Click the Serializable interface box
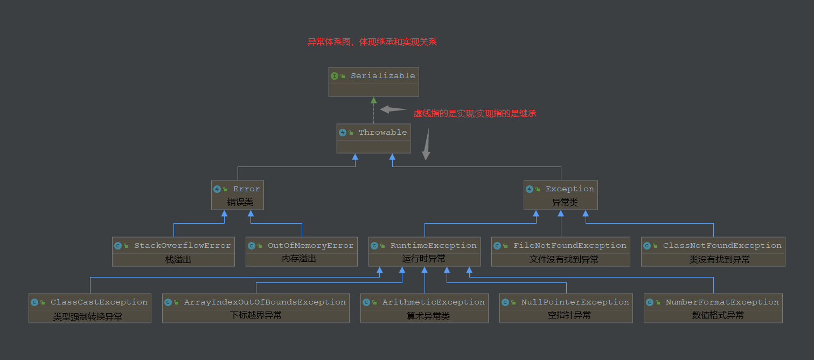coord(373,82)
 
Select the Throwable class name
coord(382,133)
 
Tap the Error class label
coord(246,189)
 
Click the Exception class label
coord(569,189)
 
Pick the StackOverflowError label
coord(182,246)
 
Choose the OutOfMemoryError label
coord(310,246)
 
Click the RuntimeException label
coord(433,246)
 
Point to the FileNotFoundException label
coord(569,246)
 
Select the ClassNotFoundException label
coord(722,246)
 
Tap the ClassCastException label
coord(99,302)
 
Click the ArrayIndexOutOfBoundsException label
coord(265,302)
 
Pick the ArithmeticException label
coord(433,302)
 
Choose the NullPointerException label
coord(575,302)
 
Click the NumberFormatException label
coord(722,302)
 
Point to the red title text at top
coord(372,42)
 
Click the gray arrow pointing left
coord(393,109)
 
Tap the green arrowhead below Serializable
coord(373,100)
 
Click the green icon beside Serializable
coord(335,76)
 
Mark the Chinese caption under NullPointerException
coord(569,315)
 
